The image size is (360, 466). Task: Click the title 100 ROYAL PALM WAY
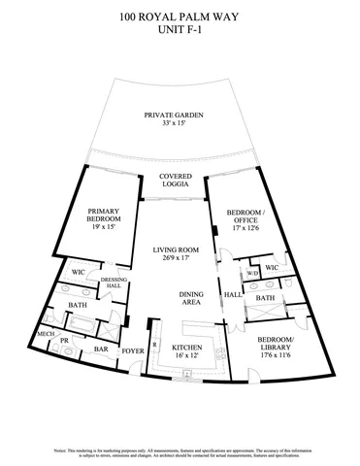tap(180, 17)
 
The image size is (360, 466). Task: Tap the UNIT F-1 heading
tap(180, 30)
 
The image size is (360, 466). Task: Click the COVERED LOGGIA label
tap(176, 182)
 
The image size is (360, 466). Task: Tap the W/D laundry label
tap(251, 273)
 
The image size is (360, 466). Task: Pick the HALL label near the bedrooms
tap(233, 294)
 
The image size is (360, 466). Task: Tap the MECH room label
tap(72, 334)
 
